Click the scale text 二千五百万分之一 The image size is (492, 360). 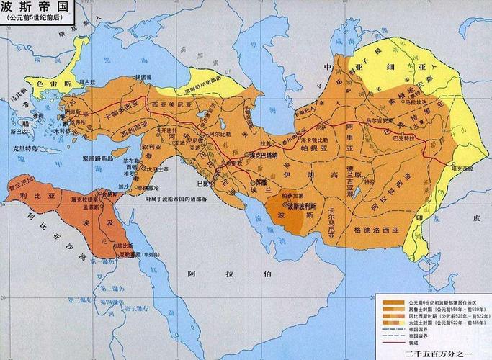431,354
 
